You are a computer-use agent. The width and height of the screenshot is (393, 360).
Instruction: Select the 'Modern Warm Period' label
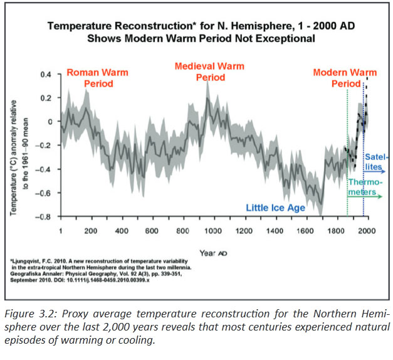coord(345,78)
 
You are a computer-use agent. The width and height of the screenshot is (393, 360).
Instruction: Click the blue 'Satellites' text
coord(376,162)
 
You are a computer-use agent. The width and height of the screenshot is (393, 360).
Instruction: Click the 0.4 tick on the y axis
coord(45,75)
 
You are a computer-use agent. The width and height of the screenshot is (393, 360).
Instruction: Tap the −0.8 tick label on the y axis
coord(43,217)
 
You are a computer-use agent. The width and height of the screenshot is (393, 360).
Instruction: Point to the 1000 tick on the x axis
coord(214,231)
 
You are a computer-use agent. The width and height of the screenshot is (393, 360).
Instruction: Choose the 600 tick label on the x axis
coord(152,231)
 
